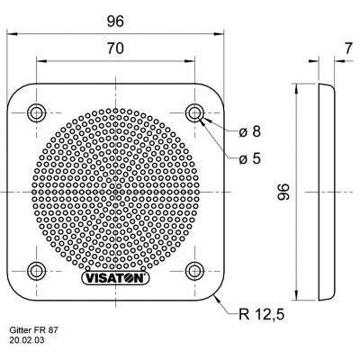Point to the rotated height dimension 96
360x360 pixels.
click(x=283, y=193)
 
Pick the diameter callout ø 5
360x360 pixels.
click(x=250, y=160)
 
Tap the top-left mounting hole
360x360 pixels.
click(x=36, y=112)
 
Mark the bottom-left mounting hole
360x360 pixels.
click(x=36, y=271)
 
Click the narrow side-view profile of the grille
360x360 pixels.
click(x=325, y=193)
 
